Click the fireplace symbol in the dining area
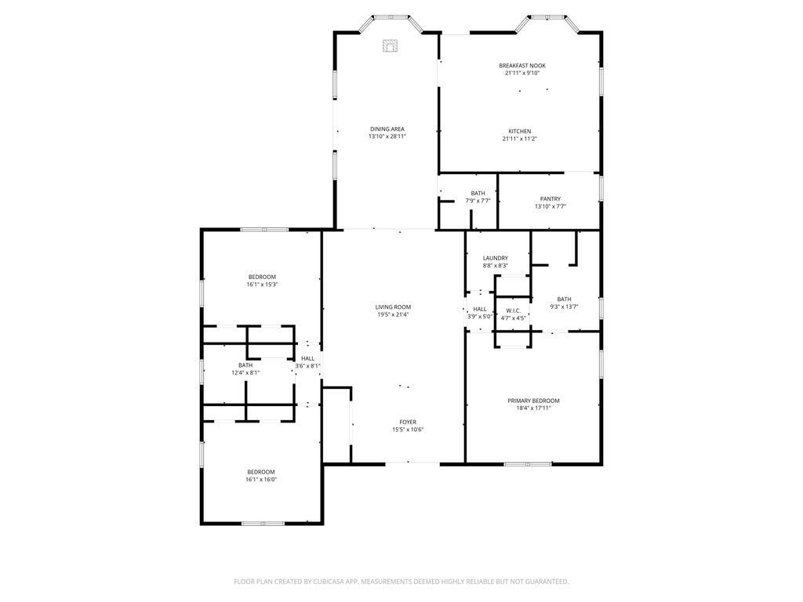391,45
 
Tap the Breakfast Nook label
522,66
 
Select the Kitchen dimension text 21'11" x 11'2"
520,139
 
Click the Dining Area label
387,129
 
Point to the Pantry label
550,199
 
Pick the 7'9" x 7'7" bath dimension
478,201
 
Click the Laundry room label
496,258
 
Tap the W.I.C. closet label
513,310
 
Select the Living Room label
393,307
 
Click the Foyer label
408,422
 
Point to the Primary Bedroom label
533,401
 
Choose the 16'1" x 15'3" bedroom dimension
262,285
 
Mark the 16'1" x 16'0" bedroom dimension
261,480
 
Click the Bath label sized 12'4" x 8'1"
245,365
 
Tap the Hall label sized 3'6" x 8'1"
307,359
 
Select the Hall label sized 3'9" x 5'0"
480,309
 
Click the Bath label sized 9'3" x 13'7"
565,299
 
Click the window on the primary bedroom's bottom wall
528,464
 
